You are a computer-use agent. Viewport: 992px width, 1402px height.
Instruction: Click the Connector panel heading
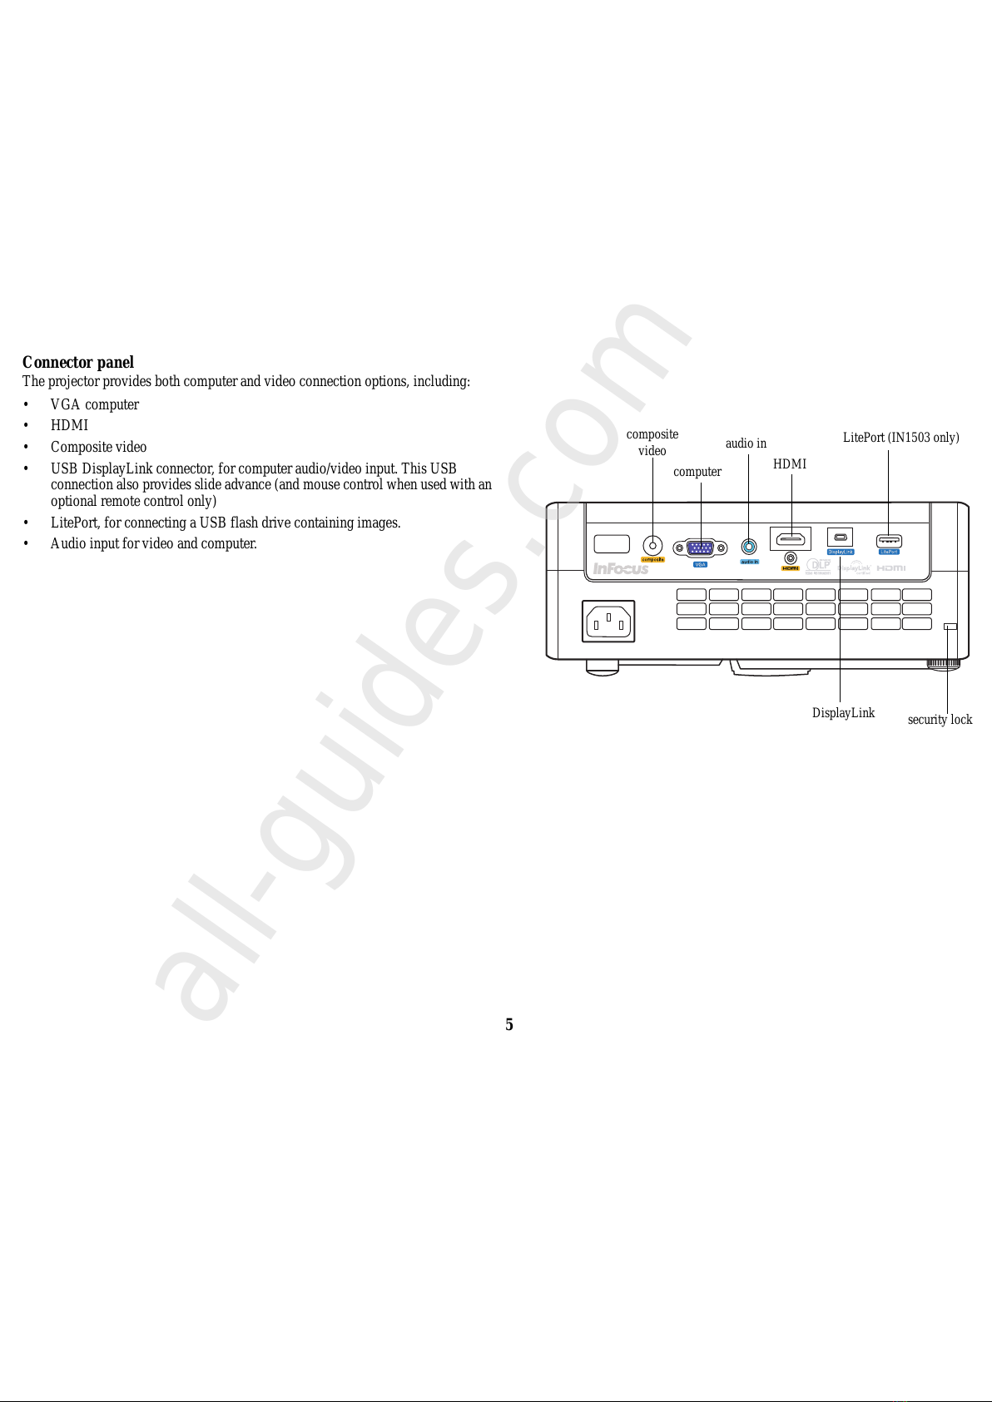pos(78,363)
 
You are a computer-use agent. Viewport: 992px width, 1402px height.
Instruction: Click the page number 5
pos(509,1025)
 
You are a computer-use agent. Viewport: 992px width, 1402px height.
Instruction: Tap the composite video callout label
pos(652,443)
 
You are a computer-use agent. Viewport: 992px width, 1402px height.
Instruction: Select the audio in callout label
pos(746,443)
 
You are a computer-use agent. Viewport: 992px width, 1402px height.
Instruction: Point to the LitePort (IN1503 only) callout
pos(900,438)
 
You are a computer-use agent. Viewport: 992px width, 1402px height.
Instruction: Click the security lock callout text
pos(940,720)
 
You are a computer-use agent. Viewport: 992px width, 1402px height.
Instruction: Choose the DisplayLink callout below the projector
pos(843,713)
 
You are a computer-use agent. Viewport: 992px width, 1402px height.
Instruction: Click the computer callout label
pos(697,472)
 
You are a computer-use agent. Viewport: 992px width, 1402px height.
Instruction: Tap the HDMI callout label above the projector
pos(790,464)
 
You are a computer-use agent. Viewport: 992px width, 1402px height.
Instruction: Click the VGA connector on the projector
pos(700,547)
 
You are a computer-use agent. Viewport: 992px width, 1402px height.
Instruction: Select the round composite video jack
pos(653,546)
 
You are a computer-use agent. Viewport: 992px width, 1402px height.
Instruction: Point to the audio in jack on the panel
pos(749,547)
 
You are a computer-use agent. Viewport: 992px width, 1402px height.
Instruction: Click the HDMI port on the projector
pos(790,538)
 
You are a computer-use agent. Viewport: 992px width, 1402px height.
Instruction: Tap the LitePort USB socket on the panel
pos(889,541)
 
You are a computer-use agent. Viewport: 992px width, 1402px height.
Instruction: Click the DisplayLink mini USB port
pos(840,537)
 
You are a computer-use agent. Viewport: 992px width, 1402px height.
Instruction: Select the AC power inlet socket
pos(608,622)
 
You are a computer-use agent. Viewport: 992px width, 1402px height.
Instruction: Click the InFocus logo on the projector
pos(620,569)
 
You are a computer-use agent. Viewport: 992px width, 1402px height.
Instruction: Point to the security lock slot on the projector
pos(950,627)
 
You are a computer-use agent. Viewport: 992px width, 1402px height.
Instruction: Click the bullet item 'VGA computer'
pos(95,405)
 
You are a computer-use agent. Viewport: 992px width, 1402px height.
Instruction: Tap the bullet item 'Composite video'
pos(98,448)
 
